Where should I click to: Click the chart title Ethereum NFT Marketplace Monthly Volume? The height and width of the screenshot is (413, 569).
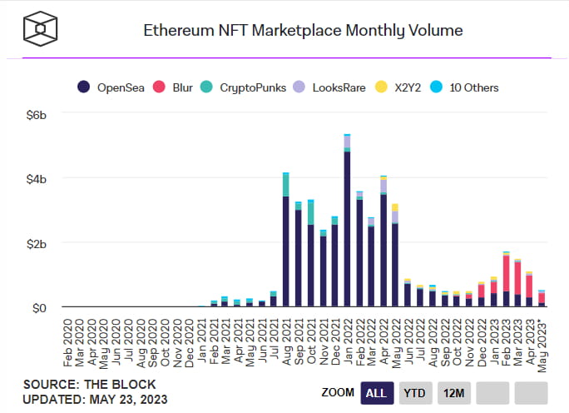pyautogui.click(x=303, y=31)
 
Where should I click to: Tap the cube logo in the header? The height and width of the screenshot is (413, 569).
pyautogui.click(x=38, y=30)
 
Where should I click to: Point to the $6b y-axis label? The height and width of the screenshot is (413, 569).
pyautogui.click(x=37, y=114)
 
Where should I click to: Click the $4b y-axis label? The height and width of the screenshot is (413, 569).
pyautogui.click(x=37, y=179)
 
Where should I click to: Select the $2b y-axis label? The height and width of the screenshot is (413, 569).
pyautogui.click(x=37, y=243)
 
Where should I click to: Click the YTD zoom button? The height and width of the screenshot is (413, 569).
pyautogui.click(x=415, y=392)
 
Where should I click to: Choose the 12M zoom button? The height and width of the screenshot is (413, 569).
pyautogui.click(x=453, y=392)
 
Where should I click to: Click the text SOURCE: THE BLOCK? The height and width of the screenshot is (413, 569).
pyautogui.click(x=77, y=384)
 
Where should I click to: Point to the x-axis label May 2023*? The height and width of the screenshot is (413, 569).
pyautogui.click(x=542, y=337)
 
